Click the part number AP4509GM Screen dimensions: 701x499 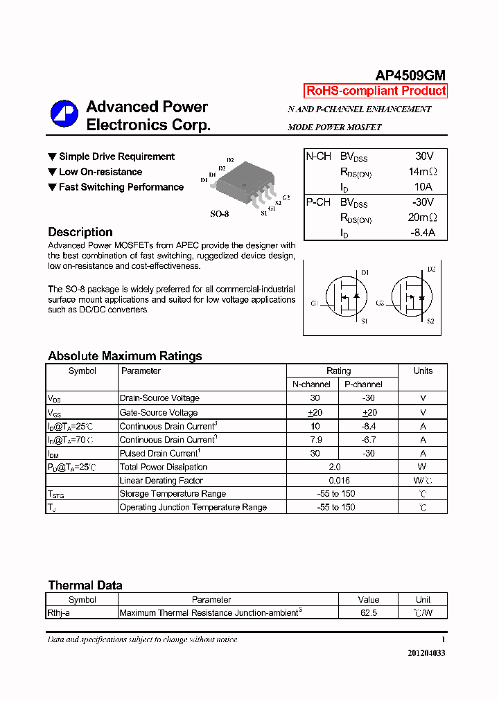410,76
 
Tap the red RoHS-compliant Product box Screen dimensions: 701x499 376,91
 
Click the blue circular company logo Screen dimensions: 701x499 64,115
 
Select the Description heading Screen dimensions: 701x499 80,232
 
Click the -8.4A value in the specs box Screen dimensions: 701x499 422,233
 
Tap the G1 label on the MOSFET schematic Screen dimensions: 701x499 315,303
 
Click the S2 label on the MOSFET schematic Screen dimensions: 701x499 430,321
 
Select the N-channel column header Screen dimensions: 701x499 312,384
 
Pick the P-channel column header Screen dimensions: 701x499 363,384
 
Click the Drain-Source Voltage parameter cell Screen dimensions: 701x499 159,398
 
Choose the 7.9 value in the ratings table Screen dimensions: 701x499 315,440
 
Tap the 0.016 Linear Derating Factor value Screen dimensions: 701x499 339,481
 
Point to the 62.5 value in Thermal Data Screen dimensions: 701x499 369,613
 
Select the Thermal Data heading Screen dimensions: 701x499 85,585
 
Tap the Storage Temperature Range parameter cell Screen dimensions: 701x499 173,494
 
